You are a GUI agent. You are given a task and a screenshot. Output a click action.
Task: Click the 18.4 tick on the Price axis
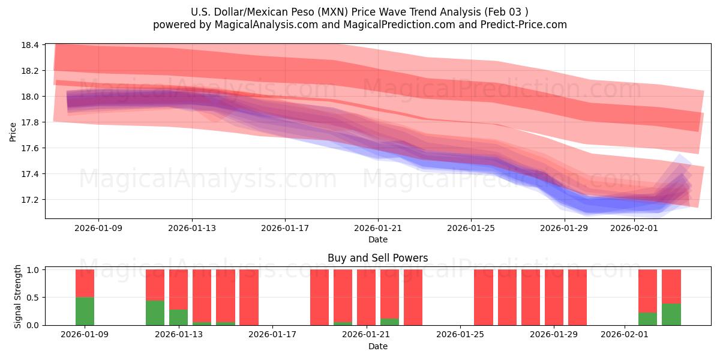point(31,45)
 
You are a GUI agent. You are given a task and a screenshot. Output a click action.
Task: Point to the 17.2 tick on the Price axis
point(31,199)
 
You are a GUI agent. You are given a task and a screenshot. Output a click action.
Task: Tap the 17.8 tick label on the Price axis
point(31,122)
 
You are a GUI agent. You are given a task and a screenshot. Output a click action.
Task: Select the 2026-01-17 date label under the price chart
point(285,228)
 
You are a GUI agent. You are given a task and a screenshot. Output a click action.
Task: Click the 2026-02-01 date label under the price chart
point(634,228)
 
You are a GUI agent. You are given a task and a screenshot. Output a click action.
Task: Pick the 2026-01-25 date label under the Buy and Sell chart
point(460,335)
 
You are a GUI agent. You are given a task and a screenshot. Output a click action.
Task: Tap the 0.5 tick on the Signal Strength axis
point(32,298)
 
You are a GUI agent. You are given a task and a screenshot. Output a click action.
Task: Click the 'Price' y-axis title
point(13,131)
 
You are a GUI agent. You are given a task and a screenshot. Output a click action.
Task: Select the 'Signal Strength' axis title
point(18,296)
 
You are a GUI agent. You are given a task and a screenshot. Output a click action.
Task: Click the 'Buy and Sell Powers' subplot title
point(377,259)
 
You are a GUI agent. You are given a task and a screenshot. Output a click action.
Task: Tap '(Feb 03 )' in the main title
point(507,11)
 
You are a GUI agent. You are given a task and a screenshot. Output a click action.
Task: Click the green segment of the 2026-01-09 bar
point(85,311)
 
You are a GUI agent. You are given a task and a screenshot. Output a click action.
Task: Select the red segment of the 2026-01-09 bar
point(85,283)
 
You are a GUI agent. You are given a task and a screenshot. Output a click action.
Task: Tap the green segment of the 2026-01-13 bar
point(178,317)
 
